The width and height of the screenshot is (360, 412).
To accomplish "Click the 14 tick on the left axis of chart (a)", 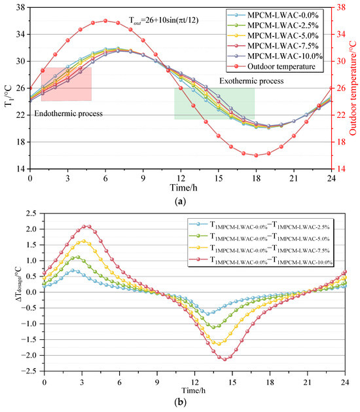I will (x=21, y=168).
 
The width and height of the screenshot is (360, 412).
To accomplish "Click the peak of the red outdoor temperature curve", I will (x=105, y=20).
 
